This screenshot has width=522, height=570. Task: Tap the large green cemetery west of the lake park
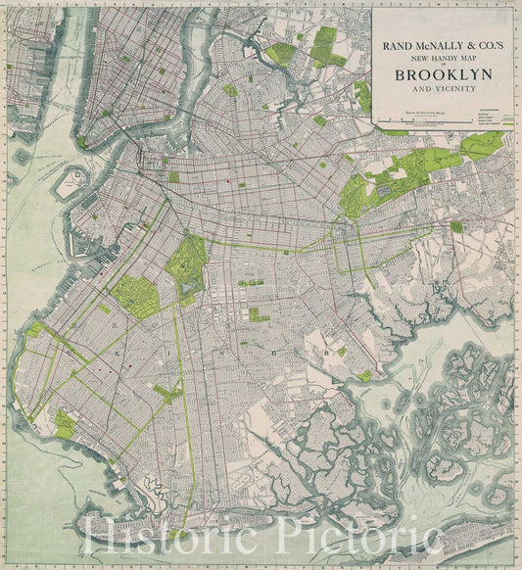pyautogui.click(x=134, y=296)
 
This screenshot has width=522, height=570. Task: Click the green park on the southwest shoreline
pyautogui.click(x=65, y=424)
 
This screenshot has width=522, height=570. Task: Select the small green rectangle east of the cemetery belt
pyautogui.click(x=456, y=226)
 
